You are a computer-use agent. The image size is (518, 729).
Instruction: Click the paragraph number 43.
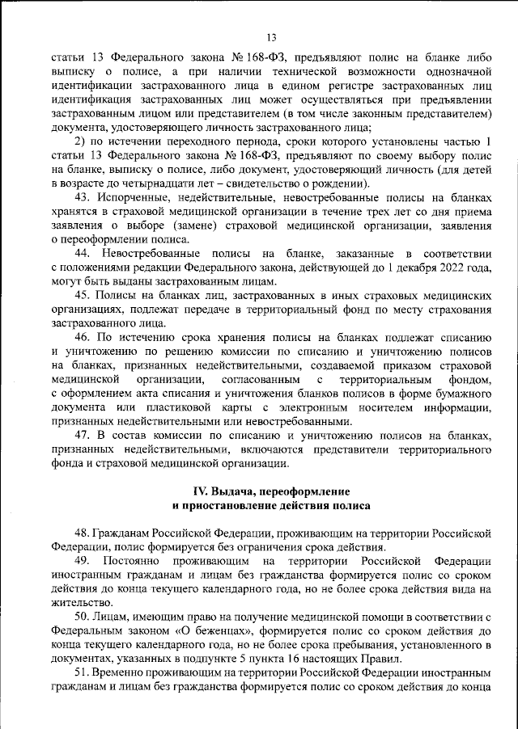click(x=81, y=196)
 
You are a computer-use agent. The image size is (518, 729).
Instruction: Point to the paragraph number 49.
click(x=82, y=561)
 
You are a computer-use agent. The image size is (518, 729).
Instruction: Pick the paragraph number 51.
click(x=81, y=672)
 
